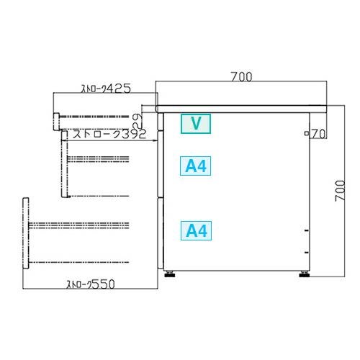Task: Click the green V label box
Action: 196,124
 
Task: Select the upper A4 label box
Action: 196,166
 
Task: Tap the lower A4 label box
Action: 196,230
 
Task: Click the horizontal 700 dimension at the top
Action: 241,77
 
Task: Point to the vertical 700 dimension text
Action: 340,191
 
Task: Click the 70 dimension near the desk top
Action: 318,134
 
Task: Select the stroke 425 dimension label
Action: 107,89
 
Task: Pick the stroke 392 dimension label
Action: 109,134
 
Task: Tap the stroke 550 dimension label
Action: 91,284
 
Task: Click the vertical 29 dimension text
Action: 138,121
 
